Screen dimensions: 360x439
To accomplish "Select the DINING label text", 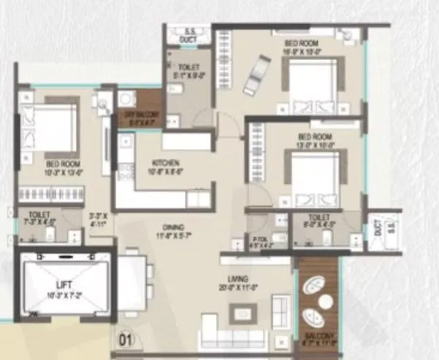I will click(x=174, y=227).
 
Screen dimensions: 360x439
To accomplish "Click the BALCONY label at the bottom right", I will click(x=318, y=337).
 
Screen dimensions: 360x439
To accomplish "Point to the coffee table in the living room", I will click(x=242, y=314).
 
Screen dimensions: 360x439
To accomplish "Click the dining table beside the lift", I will click(x=132, y=278).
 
